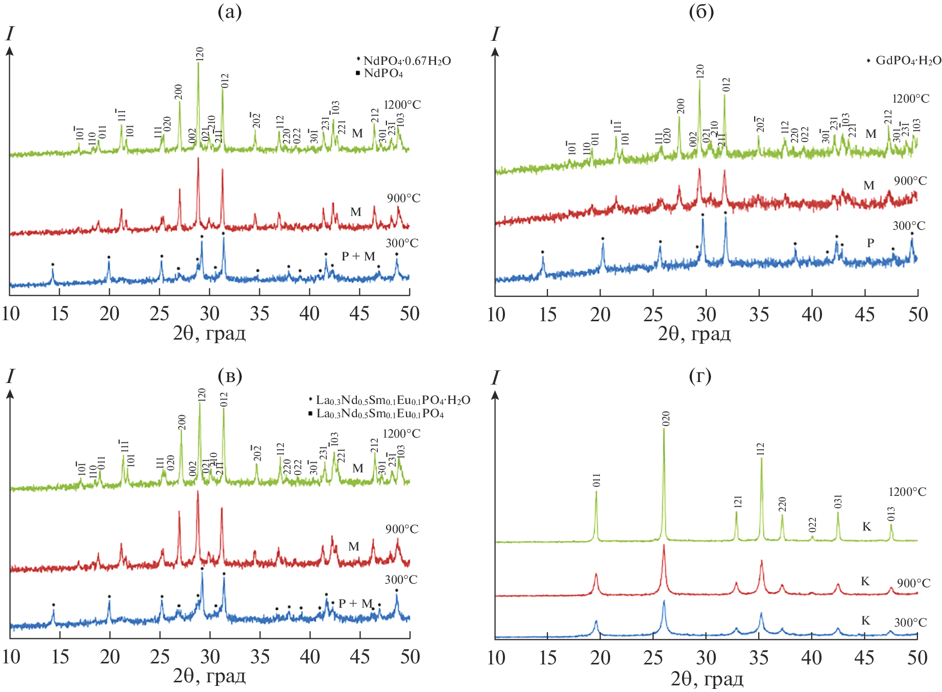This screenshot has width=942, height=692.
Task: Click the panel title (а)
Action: [x=230, y=12]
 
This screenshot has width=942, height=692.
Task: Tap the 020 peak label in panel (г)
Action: [x=666, y=419]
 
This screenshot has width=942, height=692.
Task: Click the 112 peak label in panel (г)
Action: [x=761, y=449]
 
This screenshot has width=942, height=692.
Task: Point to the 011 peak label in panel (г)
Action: [x=596, y=481]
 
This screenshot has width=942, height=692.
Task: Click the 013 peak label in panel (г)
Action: [x=891, y=514]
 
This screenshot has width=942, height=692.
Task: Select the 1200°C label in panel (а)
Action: [x=402, y=105]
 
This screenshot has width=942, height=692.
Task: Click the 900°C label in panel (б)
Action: [x=910, y=181]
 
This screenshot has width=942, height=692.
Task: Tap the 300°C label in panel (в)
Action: [x=401, y=580]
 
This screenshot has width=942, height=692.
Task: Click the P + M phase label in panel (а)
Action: [x=358, y=256]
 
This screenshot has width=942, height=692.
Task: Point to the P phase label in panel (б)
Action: [x=871, y=243]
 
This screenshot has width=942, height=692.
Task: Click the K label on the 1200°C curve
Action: [x=866, y=527]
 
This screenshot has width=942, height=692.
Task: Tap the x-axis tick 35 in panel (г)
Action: [x=759, y=657]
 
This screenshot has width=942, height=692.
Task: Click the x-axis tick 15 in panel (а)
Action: [x=60, y=314]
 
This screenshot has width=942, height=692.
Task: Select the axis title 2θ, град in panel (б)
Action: [x=694, y=334]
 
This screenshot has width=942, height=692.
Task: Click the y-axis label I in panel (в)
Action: [x=10, y=376]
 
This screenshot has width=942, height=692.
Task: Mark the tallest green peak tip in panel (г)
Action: [x=664, y=429]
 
